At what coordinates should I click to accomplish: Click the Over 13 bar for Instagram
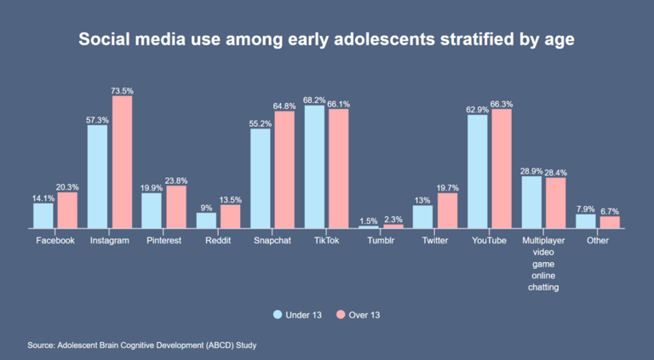123,162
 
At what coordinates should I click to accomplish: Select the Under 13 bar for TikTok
314,167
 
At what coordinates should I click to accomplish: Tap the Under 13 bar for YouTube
478,171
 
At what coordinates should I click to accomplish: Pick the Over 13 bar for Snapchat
284,169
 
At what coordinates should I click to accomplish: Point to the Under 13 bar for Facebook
43,215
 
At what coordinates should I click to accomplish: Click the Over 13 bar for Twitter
447,210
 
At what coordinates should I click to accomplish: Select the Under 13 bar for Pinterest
152,210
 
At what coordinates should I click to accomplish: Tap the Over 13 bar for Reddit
231,216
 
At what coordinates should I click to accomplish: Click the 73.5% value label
123,89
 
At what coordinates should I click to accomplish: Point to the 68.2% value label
314,99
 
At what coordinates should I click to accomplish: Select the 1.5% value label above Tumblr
369,220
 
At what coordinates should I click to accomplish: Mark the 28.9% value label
531,170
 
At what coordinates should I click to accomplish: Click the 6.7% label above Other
610,210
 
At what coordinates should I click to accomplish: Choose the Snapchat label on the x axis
272,241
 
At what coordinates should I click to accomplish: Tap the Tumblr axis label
381,241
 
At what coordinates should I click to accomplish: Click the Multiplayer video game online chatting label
543,264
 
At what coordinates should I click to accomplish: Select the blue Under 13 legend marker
277,315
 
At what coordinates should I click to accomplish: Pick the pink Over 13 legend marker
338,315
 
